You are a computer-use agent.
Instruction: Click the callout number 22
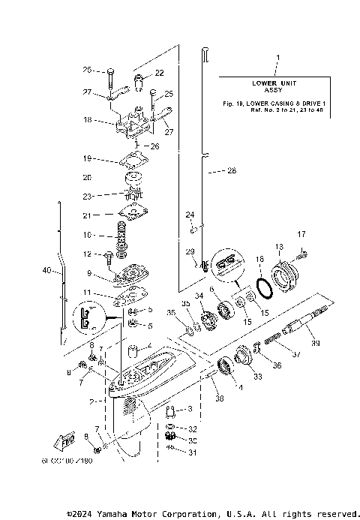(x=159, y=73)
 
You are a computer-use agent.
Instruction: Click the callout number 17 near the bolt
(x=302, y=234)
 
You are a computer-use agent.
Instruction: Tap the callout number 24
(x=190, y=215)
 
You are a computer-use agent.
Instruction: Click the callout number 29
(x=190, y=251)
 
